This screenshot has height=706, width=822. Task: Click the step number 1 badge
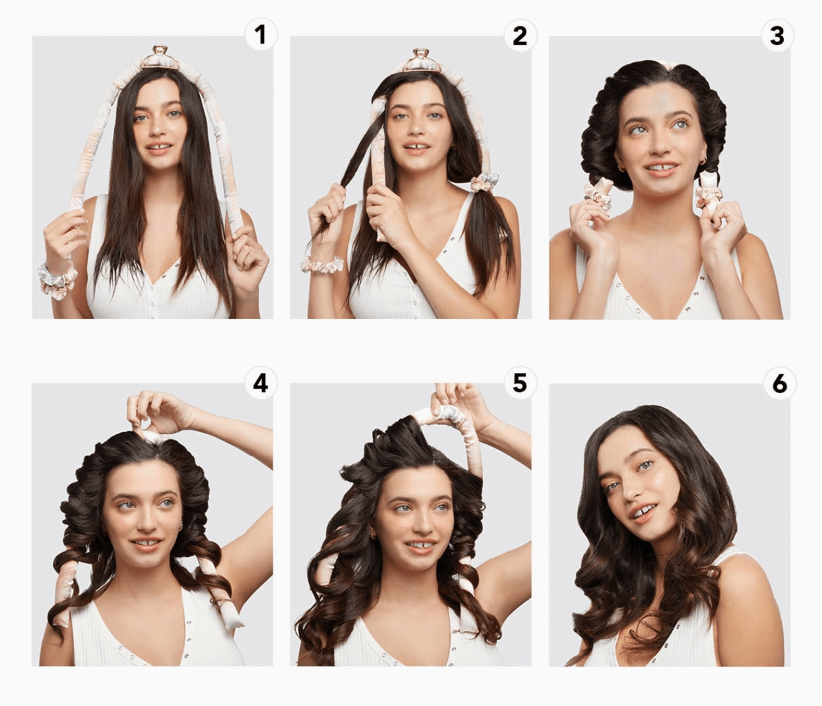pyautogui.click(x=261, y=35)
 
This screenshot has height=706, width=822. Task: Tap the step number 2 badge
pyautogui.click(x=520, y=35)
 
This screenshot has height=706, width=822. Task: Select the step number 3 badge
pyautogui.click(x=778, y=35)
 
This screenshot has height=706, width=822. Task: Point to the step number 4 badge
pyautogui.click(x=261, y=383)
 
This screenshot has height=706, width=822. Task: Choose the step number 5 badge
pyautogui.click(x=520, y=383)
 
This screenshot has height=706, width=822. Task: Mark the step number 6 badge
pyautogui.click(x=779, y=383)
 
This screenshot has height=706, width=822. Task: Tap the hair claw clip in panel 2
pyautogui.click(x=421, y=60)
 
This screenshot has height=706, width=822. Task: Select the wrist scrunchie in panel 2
pyautogui.click(x=322, y=264)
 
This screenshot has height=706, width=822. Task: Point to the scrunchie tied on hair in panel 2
pyautogui.click(x=484, y=183)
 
